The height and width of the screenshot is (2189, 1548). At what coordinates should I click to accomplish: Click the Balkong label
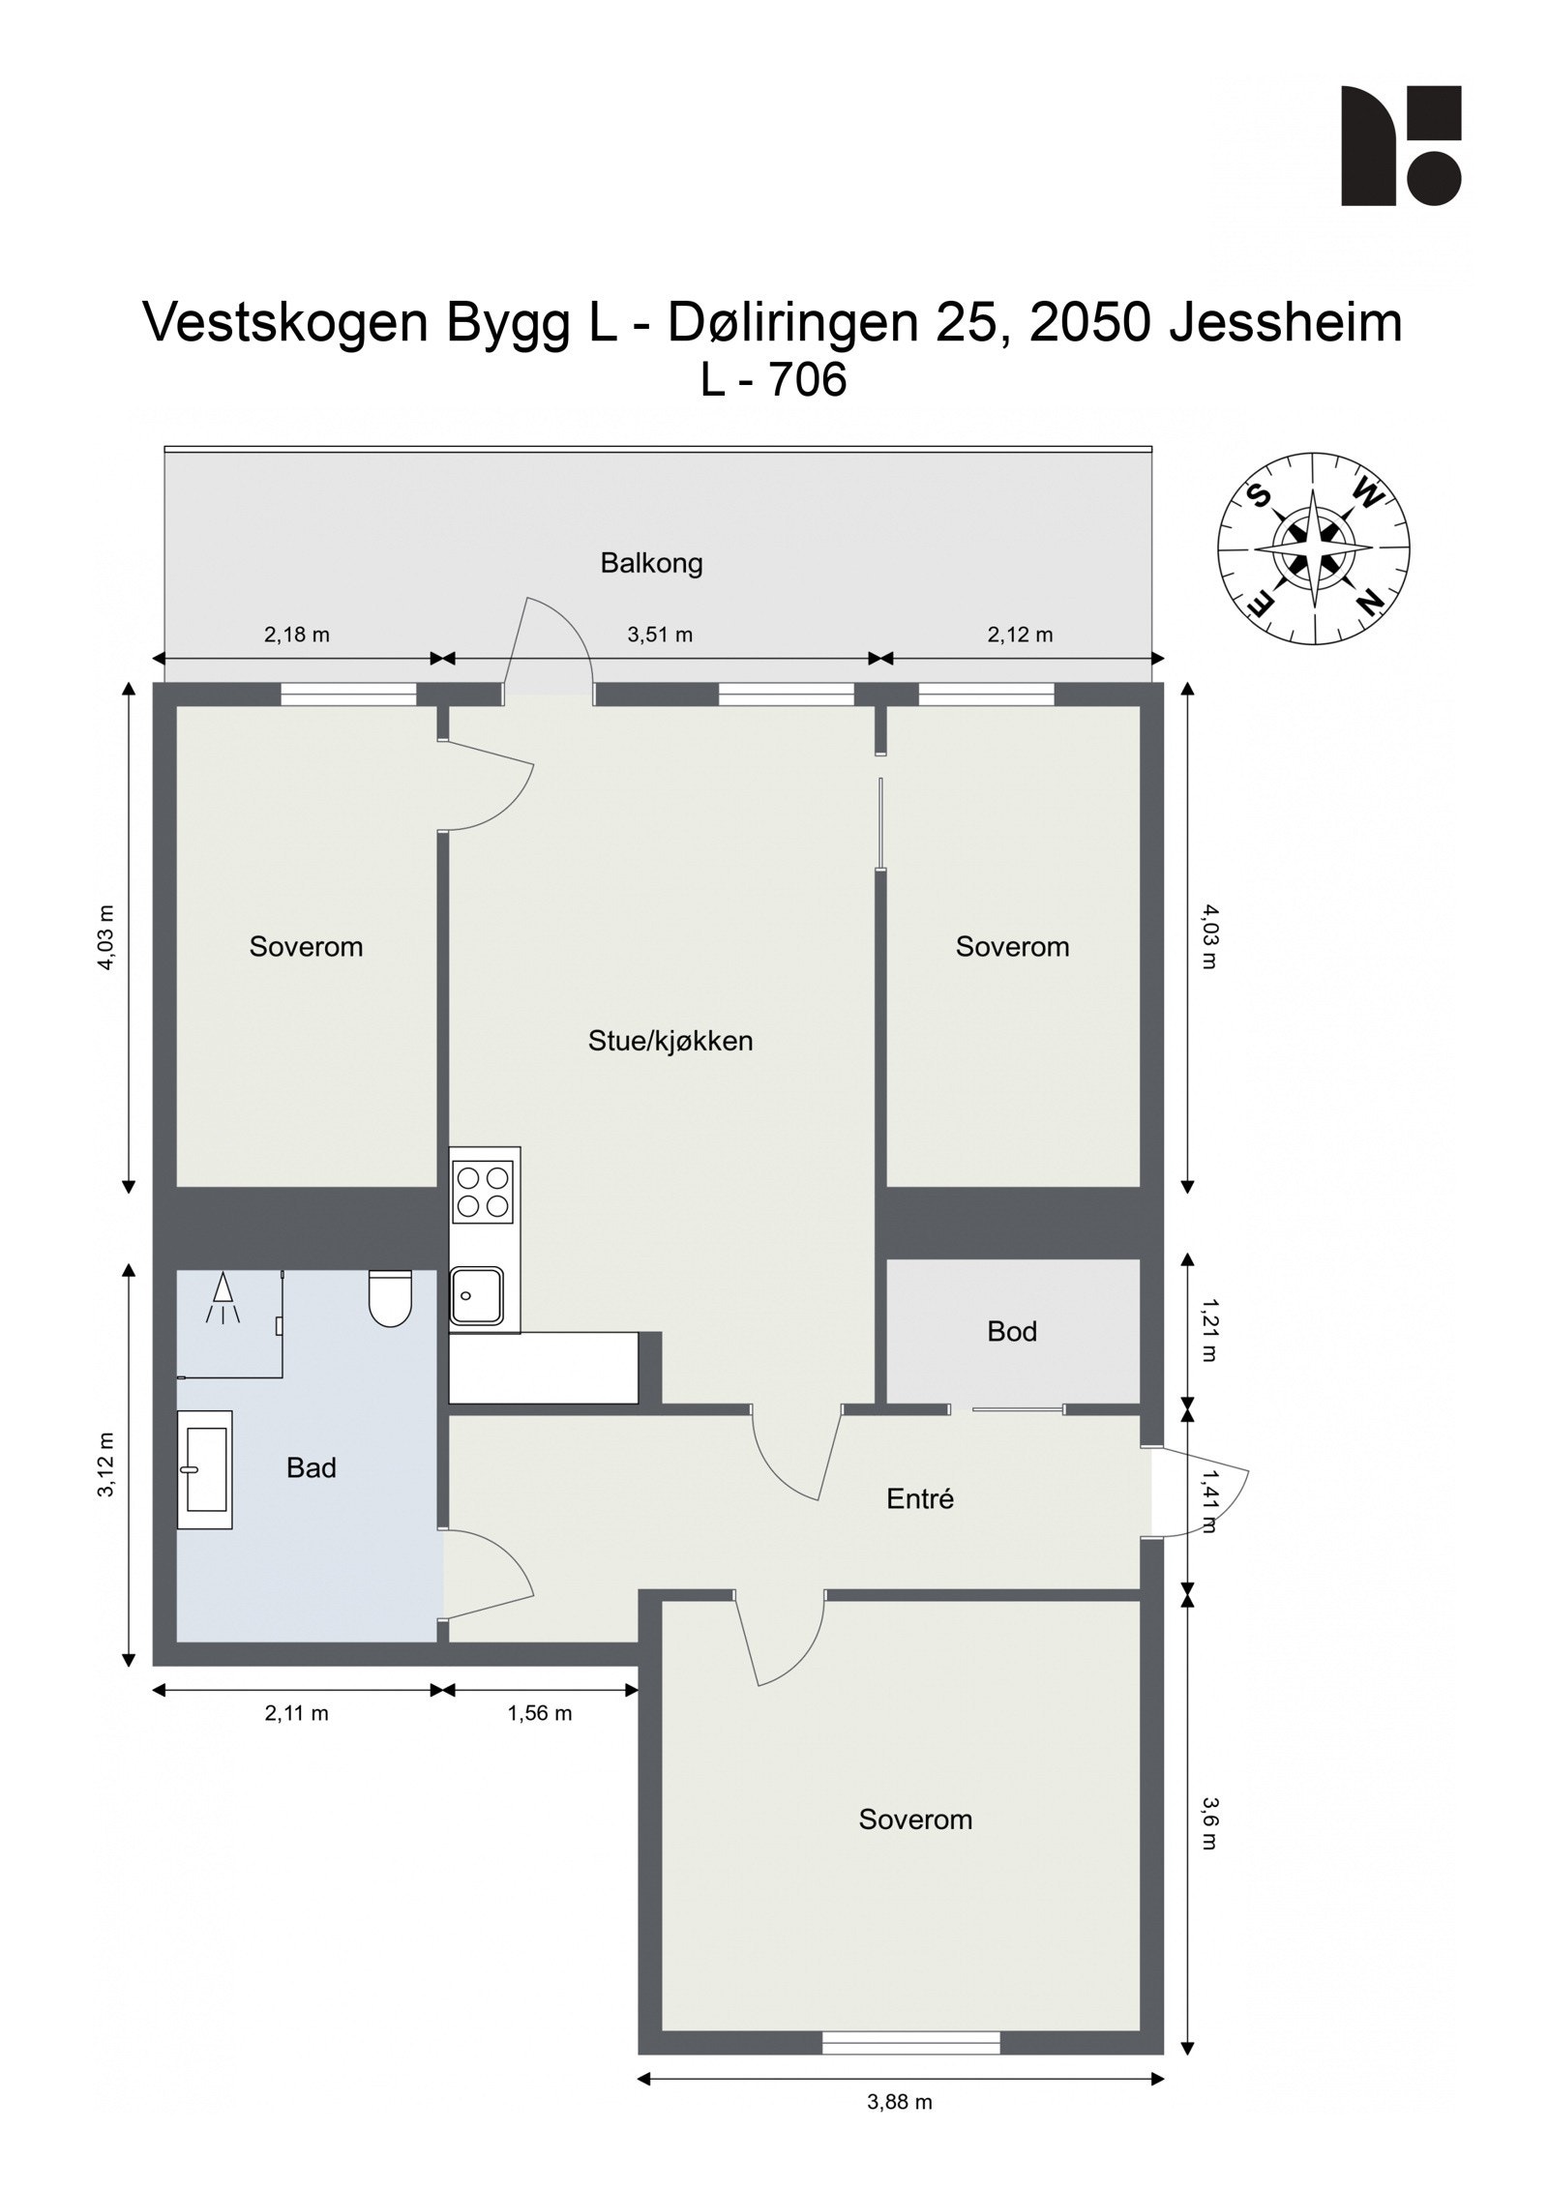[x=651, y=563]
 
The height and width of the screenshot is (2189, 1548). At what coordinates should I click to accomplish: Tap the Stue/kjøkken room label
[x=670, y=1041]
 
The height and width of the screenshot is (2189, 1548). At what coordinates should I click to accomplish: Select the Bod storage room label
[x=1011, y=1331]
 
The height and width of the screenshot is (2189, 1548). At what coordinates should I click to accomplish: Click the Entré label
[x=919, y=1498]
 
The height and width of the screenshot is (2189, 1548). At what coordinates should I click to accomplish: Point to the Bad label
[x=311, y=1467]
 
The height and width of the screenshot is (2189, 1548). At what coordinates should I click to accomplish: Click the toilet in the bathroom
[x=390, y=1297]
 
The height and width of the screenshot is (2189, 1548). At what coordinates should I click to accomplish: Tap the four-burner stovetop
[x=484, y=1192]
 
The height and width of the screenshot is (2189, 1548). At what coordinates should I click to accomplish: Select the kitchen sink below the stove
[x=476, y=1295]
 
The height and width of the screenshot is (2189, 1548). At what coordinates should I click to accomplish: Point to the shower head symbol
[x=223, y=1297]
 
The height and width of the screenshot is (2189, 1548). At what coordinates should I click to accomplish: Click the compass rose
[x=1313, y=547]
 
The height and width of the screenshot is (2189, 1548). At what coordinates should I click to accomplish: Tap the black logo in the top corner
[x=1400, y=145]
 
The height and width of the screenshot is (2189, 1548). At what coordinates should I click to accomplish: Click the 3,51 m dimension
[x=660, y=635]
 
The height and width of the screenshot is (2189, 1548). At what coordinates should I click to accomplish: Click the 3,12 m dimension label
[x=105, y=1464]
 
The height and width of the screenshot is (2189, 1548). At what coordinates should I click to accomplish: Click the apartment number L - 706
[x=773, y=379]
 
